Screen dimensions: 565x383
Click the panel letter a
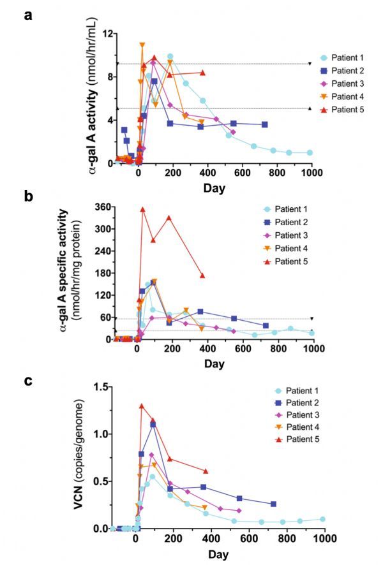click(28, 15)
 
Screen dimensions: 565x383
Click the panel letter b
click(28, 196)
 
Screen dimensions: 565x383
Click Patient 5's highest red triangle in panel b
click(143, 209)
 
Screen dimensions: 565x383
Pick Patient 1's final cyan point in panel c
click(322, 519)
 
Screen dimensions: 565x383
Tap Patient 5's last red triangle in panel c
click(205, 471)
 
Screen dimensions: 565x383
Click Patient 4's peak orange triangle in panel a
click(142, 45)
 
